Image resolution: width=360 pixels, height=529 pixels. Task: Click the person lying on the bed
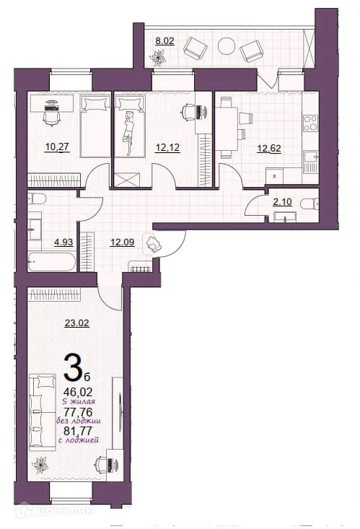[x=129, y=129]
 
